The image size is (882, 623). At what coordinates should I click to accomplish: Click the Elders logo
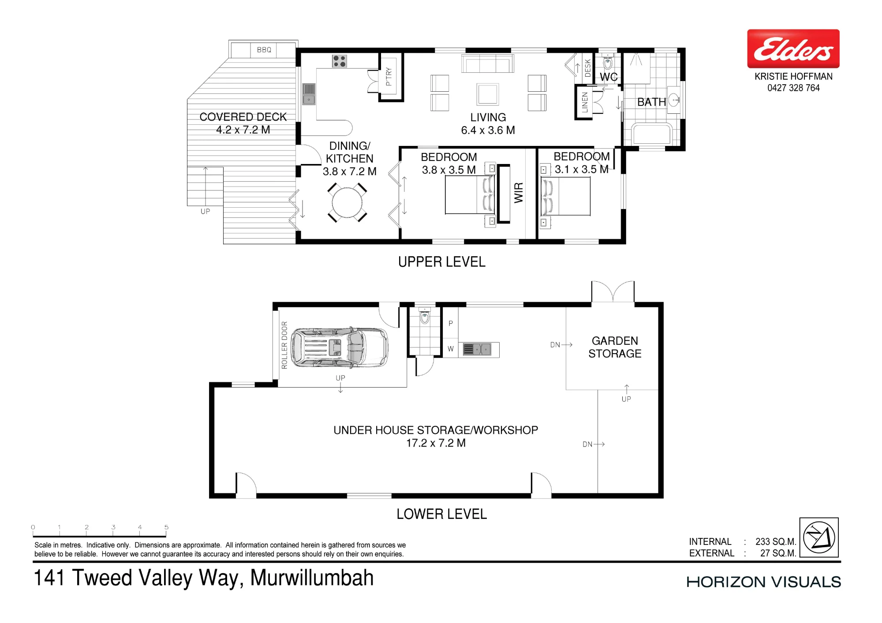pos(793,48)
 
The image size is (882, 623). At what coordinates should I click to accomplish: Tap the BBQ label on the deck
pos(264,50)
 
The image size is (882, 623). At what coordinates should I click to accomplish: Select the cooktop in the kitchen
pos(339,61)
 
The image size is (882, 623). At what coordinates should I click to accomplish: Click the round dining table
pos(347,203)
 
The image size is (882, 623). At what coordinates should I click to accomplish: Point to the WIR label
pos(519,193)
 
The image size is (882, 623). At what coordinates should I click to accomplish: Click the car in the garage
pos(340,347)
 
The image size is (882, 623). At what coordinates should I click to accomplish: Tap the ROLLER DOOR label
pos(284,345)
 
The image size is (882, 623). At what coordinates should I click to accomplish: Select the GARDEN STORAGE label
pos(615,347)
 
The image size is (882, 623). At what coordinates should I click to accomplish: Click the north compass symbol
pos(819,537)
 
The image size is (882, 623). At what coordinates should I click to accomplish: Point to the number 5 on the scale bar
pos(166,527)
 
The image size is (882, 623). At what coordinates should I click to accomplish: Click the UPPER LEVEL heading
pos(441,262)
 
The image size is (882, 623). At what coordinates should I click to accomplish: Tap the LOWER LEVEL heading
pos(441,514)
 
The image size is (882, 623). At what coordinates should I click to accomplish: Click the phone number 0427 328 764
pos(793,88)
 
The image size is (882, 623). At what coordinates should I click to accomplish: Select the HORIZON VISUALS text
pos(764,582)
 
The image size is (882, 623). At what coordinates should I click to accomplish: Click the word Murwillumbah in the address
pos(312,578)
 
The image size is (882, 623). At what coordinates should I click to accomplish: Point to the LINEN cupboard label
pos(585,102)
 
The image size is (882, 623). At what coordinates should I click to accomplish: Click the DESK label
pos(587,68)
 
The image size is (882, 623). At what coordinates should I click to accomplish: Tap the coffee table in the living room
pos(488,94)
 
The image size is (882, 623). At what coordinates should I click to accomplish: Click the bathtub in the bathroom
pos(652,134)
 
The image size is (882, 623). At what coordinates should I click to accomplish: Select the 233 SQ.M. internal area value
pos(776,541)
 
